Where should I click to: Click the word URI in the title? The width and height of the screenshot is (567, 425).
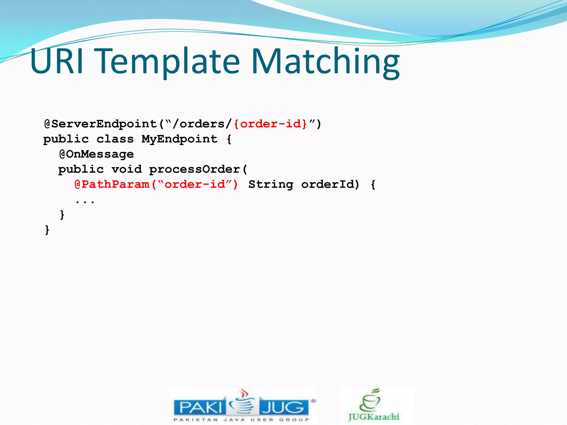[x=57, y=61]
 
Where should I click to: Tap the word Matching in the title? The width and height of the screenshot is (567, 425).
[x=325, y=62]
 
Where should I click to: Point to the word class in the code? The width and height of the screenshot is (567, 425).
[x=115, y=139]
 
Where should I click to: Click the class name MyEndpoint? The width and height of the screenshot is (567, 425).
[x=179, y=139]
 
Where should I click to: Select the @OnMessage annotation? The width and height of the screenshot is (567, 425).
[x=96, y=154]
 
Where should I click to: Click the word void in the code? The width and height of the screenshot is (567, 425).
[x=127, y=169]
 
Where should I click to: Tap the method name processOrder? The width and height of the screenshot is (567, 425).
[x=195, y=169]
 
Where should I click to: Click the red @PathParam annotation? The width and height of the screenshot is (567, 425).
[x=112, y=185]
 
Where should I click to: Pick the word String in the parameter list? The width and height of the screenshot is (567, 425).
[x=270, y=185]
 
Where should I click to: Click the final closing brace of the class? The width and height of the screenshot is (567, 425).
[x=47, y=230]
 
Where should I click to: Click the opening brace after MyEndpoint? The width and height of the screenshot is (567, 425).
[x=229, y=139]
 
